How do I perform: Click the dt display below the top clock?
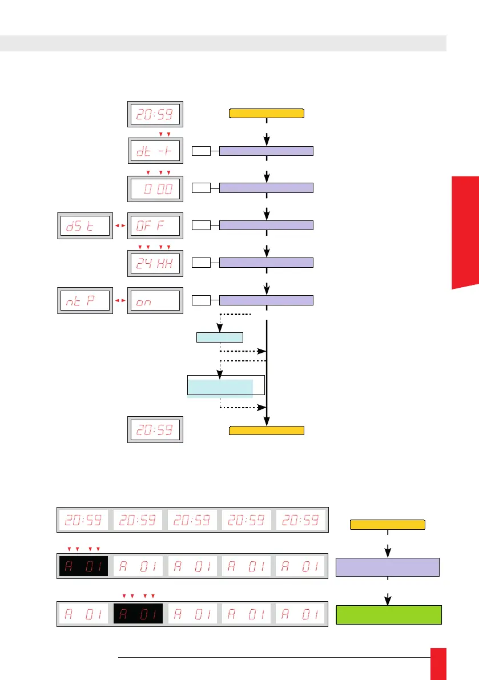point(155,151)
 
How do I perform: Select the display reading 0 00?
point(155,188)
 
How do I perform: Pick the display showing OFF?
point(155,226)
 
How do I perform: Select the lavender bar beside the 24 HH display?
point(266,263)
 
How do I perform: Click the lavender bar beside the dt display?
point(266,151)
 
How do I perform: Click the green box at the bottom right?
point(389,614)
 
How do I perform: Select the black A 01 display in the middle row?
point(83,566)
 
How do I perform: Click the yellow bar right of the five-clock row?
point(387,525)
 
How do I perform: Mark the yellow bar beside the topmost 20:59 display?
point(266,112)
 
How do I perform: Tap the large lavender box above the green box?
point(388,568)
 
